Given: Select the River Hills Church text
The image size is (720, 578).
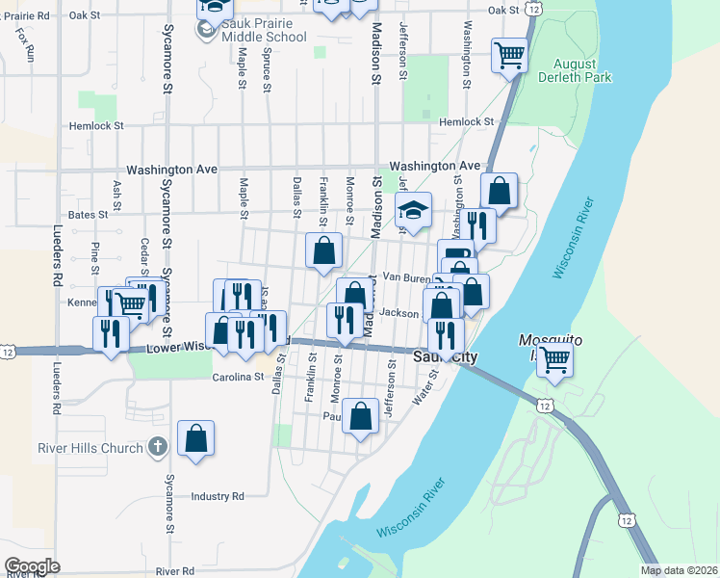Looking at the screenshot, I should [90, 448].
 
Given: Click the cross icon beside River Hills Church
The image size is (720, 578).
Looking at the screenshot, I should [158, 447].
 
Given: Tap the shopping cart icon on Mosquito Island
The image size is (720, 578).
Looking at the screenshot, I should [554, 360].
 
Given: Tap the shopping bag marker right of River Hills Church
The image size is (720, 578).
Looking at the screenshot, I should [195, 438].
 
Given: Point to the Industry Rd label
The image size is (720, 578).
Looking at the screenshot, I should [217, 496].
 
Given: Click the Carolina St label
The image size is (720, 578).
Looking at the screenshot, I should [239, 377].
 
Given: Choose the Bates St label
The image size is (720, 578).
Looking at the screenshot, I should [88, 214].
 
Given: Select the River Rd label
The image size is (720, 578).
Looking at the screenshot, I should [175, 571].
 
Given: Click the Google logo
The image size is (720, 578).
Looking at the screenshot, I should [32, 566].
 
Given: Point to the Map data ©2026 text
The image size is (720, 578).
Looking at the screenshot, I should [680, 570].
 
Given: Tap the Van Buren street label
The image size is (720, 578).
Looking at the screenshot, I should [404, 276].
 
